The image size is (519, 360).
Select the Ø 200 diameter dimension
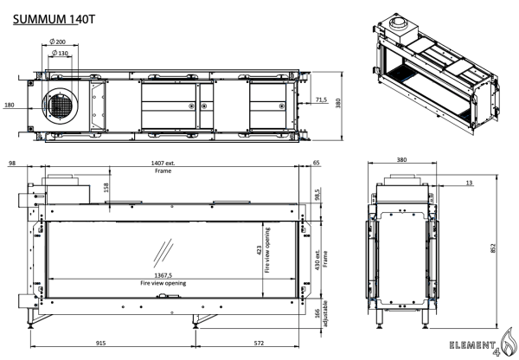61,42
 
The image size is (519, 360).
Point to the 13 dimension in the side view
468,183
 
